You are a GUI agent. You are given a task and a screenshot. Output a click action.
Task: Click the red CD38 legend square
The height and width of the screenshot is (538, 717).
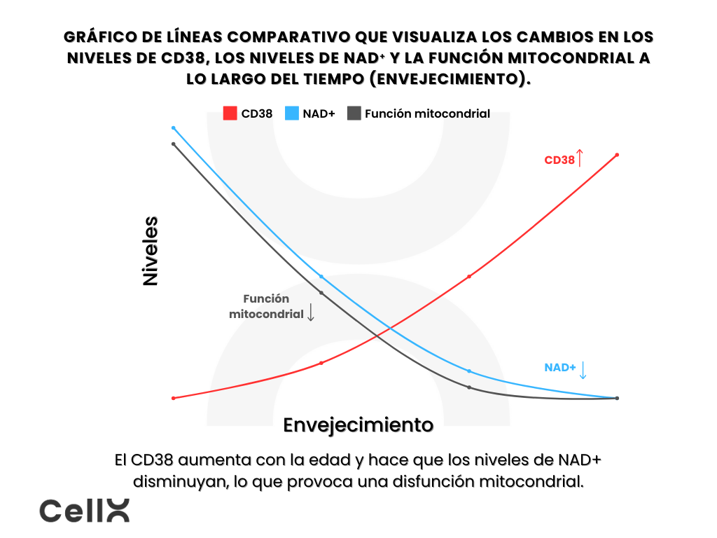(x=230, y=113)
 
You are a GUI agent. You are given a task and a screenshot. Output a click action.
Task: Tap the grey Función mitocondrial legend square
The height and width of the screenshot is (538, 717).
(x=354, y=113)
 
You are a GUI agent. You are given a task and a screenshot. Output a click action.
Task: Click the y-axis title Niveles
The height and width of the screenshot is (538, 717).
(x=151, y=251)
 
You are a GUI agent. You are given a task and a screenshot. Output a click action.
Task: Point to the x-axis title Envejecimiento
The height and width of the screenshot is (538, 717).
(x=358, y=425)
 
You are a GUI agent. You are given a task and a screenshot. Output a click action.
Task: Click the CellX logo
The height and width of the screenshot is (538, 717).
(x=84, y=511)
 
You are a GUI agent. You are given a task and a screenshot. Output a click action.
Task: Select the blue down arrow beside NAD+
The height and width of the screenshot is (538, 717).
(x=583, y=369)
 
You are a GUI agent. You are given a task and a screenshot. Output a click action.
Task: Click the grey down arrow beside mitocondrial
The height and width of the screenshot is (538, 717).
(x=311, y=312)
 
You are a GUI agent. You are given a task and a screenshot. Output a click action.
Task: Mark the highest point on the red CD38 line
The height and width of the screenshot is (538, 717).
(x=617, y=155)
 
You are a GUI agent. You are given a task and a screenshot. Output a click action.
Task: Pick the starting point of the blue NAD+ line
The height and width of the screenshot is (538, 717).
(x=174, y=128)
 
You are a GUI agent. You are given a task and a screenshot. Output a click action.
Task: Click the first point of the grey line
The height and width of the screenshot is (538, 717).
(x=174, y=144)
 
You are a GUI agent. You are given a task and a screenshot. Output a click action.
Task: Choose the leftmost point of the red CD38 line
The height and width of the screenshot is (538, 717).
(x=174, y=398)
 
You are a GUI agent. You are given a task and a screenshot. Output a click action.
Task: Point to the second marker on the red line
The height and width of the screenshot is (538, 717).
(x=321, y=363)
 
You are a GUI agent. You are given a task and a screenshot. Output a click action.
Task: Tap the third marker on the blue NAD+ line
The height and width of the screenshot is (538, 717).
(x=469, y=371)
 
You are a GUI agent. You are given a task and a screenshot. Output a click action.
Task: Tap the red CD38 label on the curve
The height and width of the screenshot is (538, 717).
(x=559, y=160)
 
